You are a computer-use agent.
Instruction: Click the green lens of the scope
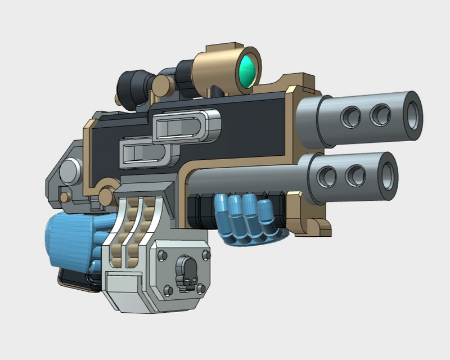[247, 70]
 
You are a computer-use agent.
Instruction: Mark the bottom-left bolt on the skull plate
[167, 290]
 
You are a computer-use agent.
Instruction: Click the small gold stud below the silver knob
[65, 197]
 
